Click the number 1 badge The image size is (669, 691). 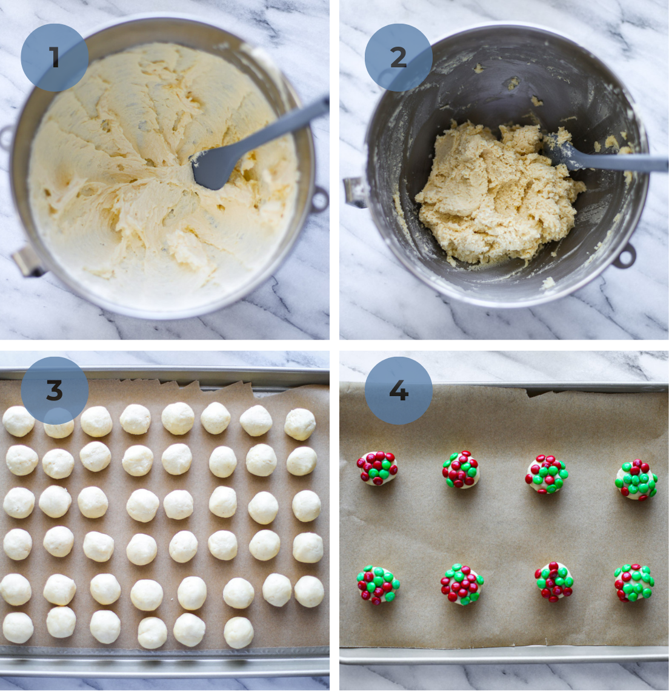click(55, 58)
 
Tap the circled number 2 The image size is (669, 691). click(398, 58)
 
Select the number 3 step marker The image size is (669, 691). click(55, 391)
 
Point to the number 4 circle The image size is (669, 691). click(398, 391)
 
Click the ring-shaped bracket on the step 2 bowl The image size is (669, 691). click(624, 255)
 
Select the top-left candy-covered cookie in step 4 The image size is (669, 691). click(378, 468)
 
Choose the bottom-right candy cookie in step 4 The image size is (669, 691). click(634, 582)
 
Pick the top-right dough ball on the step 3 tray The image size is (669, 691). click(300, 424)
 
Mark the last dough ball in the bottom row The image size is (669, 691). click(239, 633)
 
